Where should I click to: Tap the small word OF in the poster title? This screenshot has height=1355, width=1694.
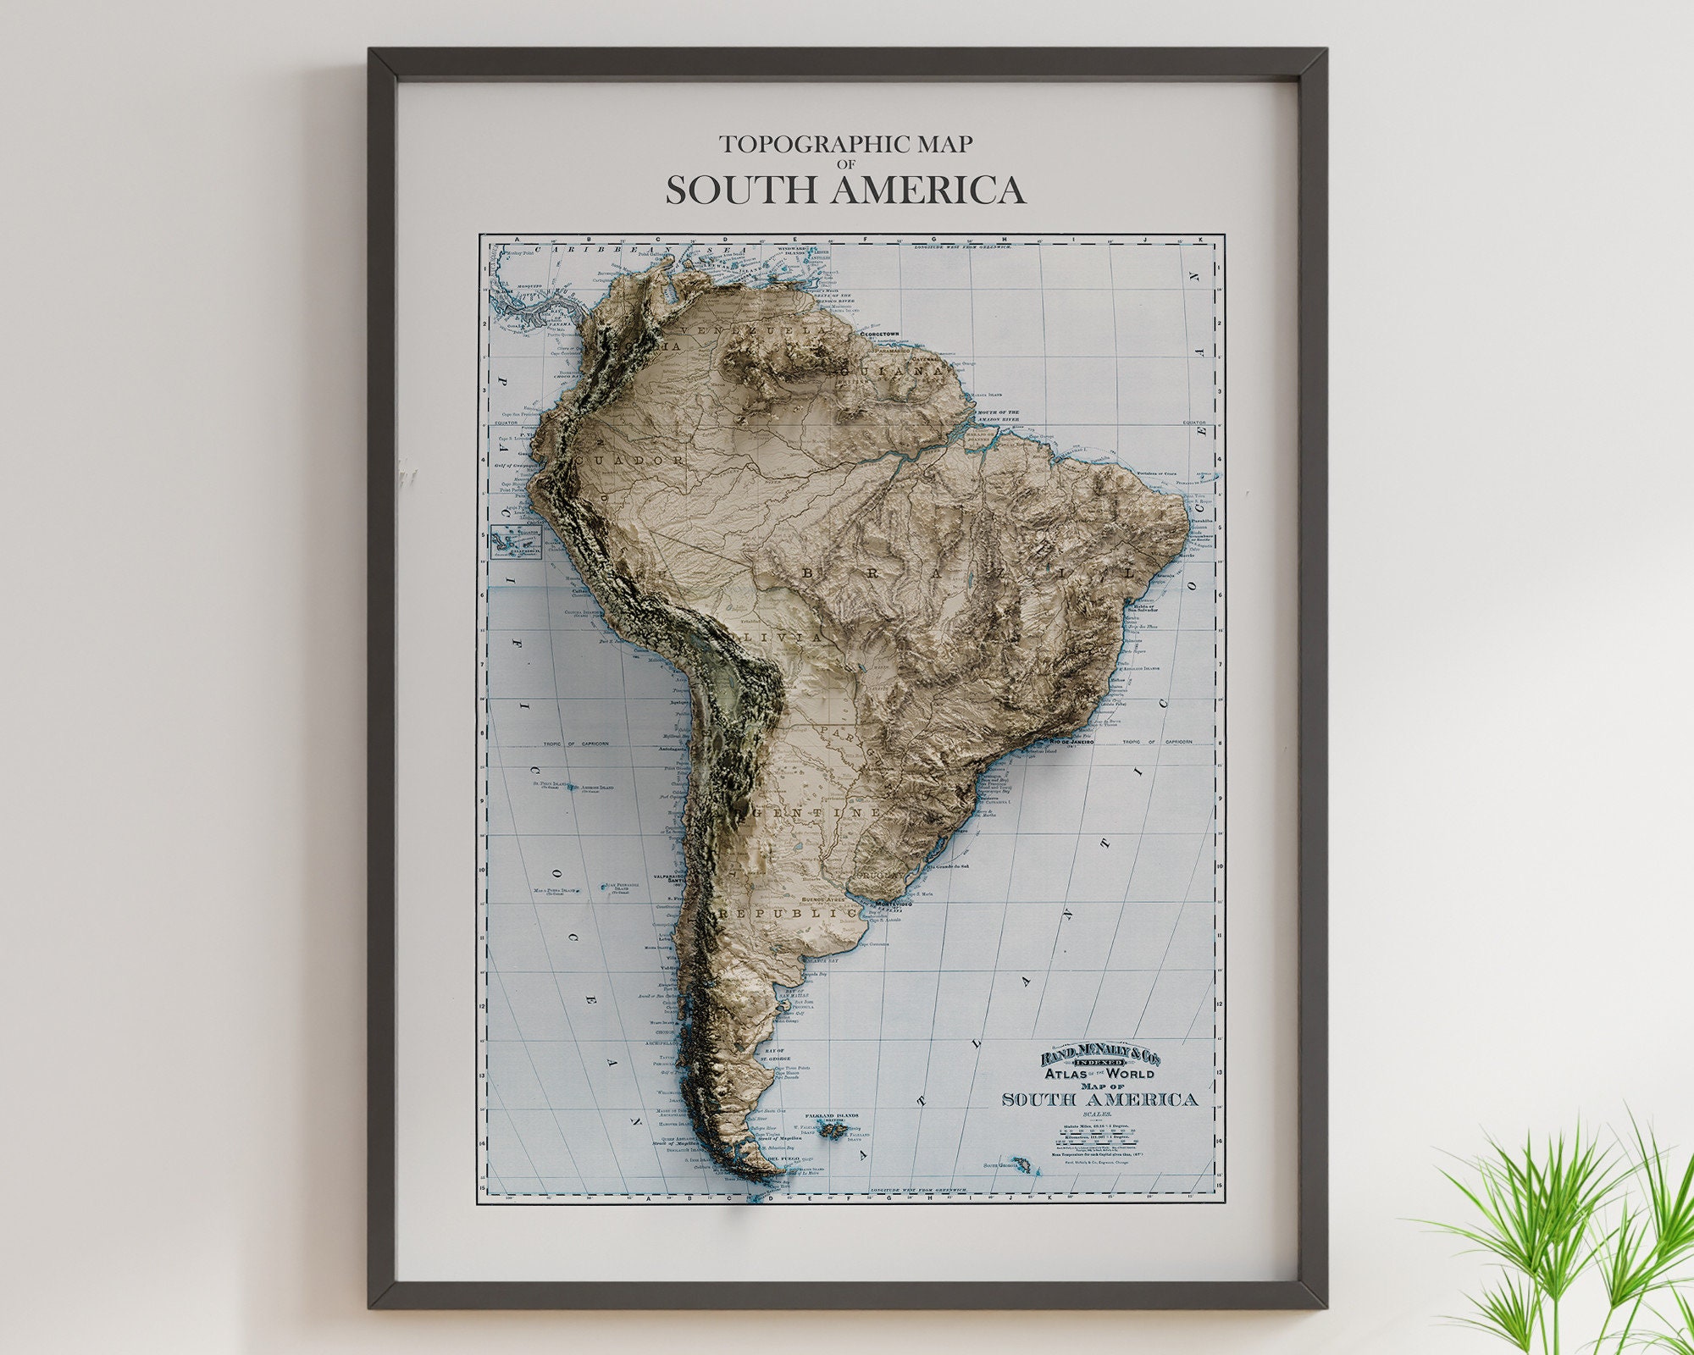point(846,163)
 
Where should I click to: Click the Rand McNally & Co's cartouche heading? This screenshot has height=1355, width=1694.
point(1100,1058)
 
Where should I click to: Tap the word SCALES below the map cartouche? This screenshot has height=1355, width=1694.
point(1100,1115)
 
